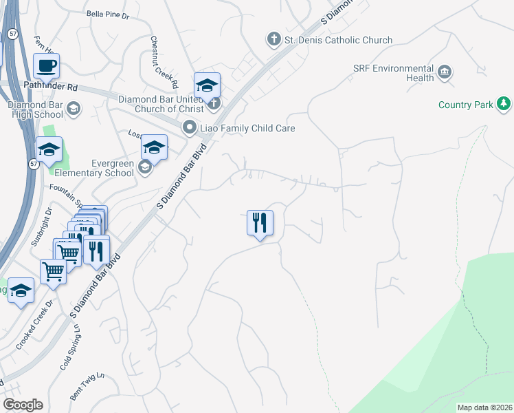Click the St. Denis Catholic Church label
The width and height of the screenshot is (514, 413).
point(339,40)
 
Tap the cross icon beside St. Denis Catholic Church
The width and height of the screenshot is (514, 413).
point(274,39)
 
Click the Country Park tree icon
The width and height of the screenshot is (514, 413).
point(504,105)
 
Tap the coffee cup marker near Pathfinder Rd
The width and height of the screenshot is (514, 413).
point(47,67)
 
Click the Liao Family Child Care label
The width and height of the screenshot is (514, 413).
point(247,128)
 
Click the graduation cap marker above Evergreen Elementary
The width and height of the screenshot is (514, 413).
point(155,148)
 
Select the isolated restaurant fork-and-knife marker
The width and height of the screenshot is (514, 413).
point(260,223)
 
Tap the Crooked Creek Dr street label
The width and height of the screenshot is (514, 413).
point(49,314)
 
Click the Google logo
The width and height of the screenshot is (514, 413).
point(23,405)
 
